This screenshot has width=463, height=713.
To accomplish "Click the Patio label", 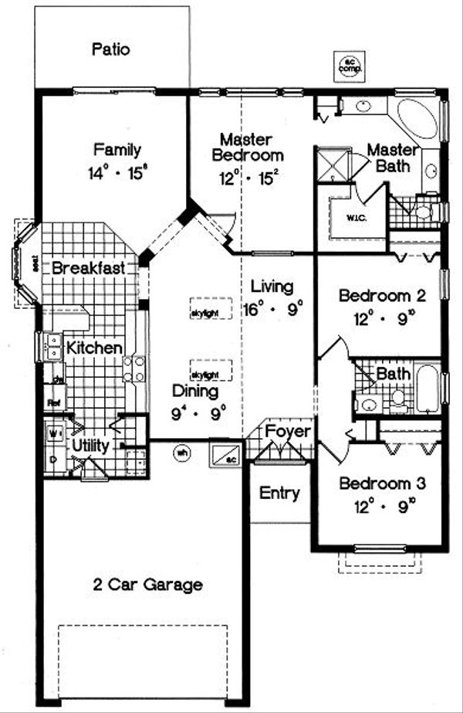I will click(111, 50).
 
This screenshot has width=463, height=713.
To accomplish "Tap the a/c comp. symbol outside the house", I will click(349, 66).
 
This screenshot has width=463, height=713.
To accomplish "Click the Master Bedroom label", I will click(245, 147).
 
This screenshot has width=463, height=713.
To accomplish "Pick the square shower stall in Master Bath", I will click(332, 165).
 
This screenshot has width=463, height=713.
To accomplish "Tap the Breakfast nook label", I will click(90, 269).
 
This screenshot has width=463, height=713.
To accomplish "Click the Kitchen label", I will click(94, 348).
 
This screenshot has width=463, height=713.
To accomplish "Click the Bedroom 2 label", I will click(372, 295).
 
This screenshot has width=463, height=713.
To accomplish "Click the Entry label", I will click(279, 492).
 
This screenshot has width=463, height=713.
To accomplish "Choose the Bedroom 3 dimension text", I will click(373, 506).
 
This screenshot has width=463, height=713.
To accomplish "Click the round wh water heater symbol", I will click(183, 453).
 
